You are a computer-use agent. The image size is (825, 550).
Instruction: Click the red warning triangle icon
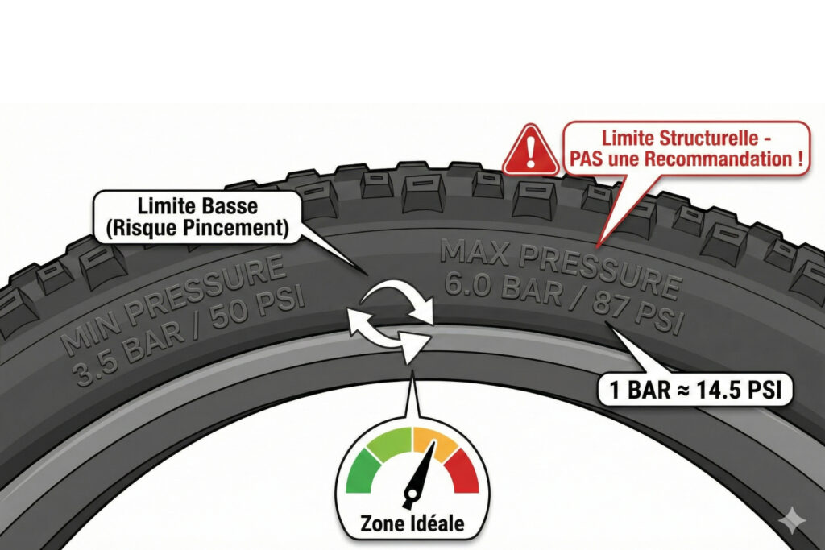click(x=531, y=151)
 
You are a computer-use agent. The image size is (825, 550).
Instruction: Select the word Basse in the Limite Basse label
click(x=232, y=205)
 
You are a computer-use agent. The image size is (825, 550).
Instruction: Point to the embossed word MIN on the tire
click(x=87, y=335)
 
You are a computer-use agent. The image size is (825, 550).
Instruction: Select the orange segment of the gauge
click(x=434, y=440)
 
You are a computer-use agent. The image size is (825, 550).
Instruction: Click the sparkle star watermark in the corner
click(x=792, y=520)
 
